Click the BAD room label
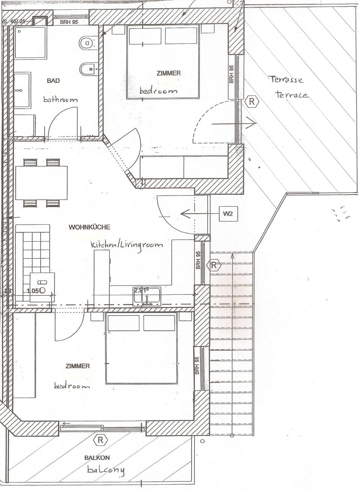tap(53, 81)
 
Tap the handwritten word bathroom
tap(60, 100)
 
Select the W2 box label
tap(228, 214)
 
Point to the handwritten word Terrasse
tap(285, 79)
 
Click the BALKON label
tap(97, 457)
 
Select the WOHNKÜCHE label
tap(89, 227)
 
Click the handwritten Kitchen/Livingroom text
tap(127, 245)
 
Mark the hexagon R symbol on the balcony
tap(100, 440)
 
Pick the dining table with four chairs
tap(41, 183)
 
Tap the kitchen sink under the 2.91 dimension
tap(147, 297)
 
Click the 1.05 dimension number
tap(33, 290)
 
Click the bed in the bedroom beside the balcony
tap(141, 348)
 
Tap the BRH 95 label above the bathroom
tap(69, 22)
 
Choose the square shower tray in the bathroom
tap(31, 42)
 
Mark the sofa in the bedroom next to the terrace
tap(184, 167)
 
